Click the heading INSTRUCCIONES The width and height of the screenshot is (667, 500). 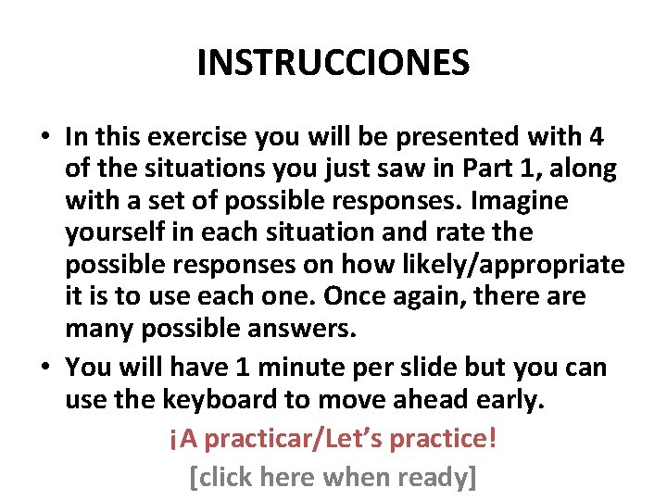click(333, 63)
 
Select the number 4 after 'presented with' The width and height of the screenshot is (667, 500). click(596, 137)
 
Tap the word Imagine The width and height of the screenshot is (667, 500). click(523, 201)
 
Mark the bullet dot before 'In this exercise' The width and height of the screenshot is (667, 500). click(44, 138)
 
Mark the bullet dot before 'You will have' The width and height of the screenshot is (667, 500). click(44, 369)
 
